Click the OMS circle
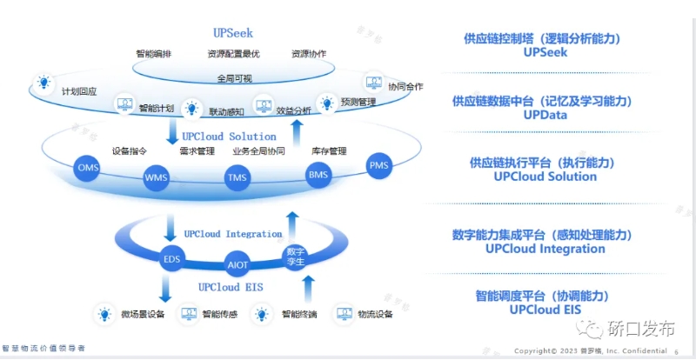click(x=89, y=167)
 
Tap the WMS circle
click(x=157, y=179)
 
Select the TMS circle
click(x=237, y=179)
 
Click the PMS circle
click(x=379, y=165)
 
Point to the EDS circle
click(x=171, y=258)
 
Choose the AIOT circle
click(x=237, y=263)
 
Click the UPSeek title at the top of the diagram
click(x=233, y=33)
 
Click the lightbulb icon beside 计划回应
click(x=42, y=84)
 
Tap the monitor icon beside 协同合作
click(x=374, y=83)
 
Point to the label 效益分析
click(x=294, y=110)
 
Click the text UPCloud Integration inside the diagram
click(x=232, y=234)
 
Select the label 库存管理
click(x=329, y=150)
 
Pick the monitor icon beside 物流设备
click(x=344, y=313)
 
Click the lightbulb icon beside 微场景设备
click(x=104, y=313)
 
